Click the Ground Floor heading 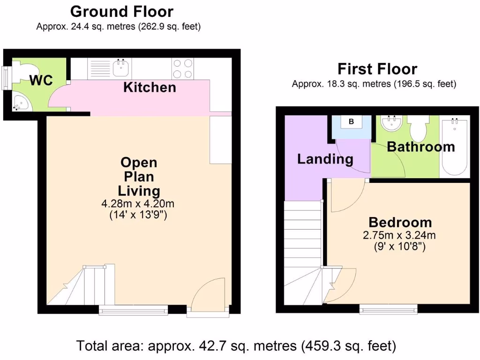coord(121,11)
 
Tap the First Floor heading coord(377,69)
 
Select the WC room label coord(41,80)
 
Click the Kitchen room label coord(150,87)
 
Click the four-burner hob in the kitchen coord(182,68)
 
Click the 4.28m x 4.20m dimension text coord(139,204)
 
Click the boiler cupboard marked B coord(351,122)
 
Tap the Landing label coord(325,159)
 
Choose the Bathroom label coord(420,147)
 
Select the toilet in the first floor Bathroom coord(417,127)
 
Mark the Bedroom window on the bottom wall coord(389,308)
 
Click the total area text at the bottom coord(236,346)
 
